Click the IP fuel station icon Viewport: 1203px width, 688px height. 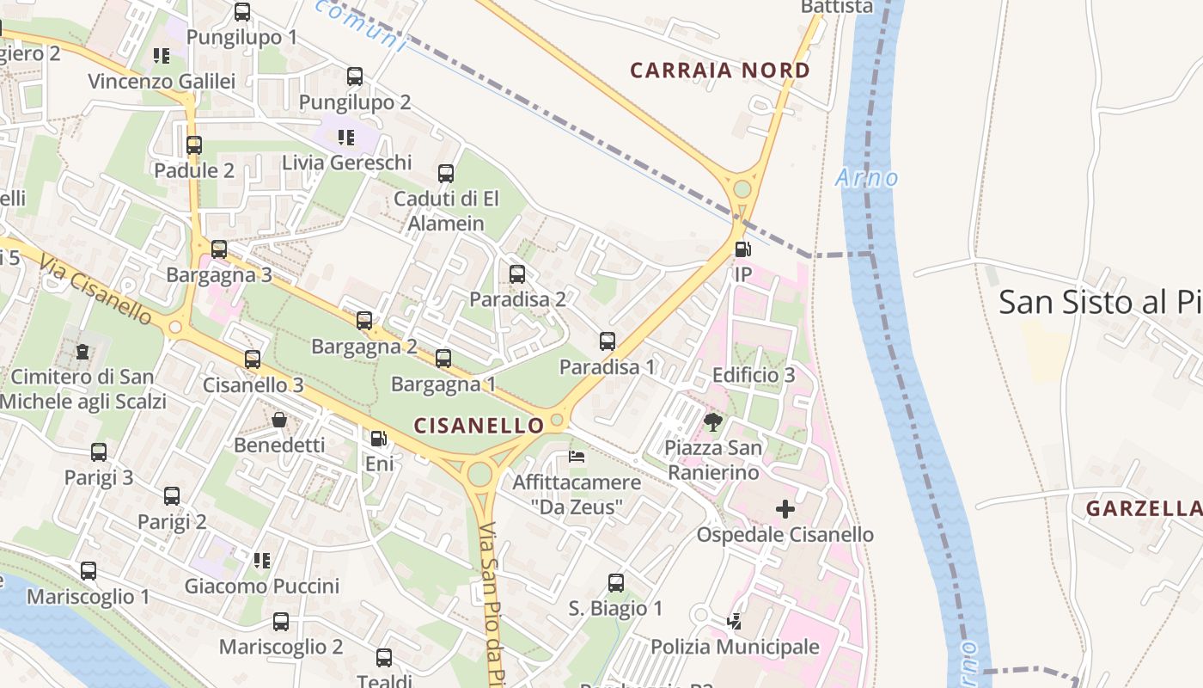(x=742, y=249)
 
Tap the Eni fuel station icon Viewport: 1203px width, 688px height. (x=378, y=439)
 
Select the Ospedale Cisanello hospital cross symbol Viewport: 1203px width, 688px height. (x=785, y=509)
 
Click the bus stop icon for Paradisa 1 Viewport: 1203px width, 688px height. (x=608, y=341)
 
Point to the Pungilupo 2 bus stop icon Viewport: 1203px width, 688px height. (x=355, y=77)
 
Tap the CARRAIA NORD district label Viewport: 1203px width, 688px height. (x=720, y=71)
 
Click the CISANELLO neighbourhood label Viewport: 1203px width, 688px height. (x=479, y=425)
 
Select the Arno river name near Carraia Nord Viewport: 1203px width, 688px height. (x=867, y=178)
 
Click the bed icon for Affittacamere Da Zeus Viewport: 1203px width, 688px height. (x=577, y=456)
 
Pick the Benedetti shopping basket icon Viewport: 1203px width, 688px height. (x=279, y=420)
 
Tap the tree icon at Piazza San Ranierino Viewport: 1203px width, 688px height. (x=712, y=421)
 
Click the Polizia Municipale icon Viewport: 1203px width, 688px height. (x=734, y=621)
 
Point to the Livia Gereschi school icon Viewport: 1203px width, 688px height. (x=346, y=137)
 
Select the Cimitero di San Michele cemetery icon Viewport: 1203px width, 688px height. (x=82, y=351)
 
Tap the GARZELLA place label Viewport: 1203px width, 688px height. (x=1144, y=508)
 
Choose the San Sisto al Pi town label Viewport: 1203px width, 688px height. (x=1100, y=302)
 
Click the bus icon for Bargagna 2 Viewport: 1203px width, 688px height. (x=364, y=321)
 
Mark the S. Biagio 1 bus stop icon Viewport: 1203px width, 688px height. (x=616, y=582)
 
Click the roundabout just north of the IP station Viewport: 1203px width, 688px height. (x=742, y=189)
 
